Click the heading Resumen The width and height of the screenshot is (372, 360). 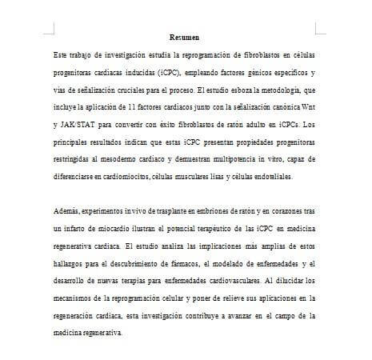[185, 38]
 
